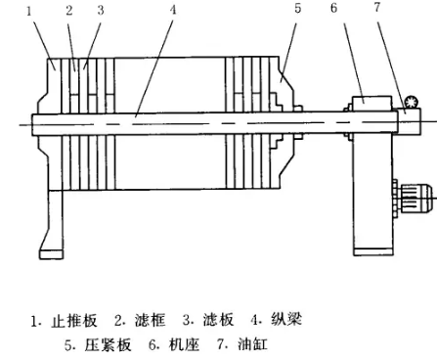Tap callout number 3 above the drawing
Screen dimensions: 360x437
pos(99,12)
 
